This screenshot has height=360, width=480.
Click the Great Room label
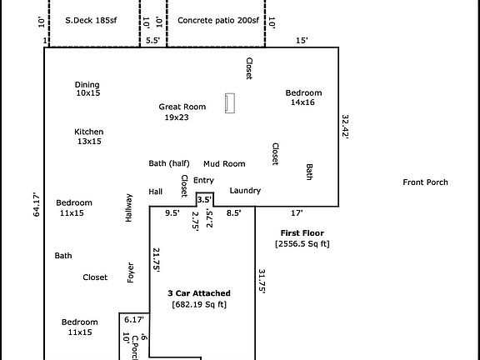point(182,107)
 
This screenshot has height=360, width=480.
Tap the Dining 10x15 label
point(87,89)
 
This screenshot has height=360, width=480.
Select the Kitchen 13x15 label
point(89,137)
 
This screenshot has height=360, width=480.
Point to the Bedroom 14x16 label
point(303,97)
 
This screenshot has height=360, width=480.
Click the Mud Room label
point(224,164)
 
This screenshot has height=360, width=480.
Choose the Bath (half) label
point(169,163)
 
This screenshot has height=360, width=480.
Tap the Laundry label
point(245,191)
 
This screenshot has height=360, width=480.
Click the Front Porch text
point(425,182)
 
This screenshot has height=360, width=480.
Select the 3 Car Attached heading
point(199,293)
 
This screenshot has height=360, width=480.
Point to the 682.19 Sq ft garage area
point(199,305)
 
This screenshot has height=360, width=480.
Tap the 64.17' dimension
point(37,204)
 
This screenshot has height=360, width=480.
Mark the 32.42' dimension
point(345,127)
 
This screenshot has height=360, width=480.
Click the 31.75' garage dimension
point(262,282)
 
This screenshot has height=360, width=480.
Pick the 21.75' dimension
point(157,260)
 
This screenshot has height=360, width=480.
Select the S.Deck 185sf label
point(91,21)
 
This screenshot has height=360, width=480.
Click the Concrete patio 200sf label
point(218,21)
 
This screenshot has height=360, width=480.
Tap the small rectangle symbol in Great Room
point(230,103)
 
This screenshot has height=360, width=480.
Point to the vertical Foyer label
point(130,272)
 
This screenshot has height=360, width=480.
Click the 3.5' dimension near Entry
point(204,200)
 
